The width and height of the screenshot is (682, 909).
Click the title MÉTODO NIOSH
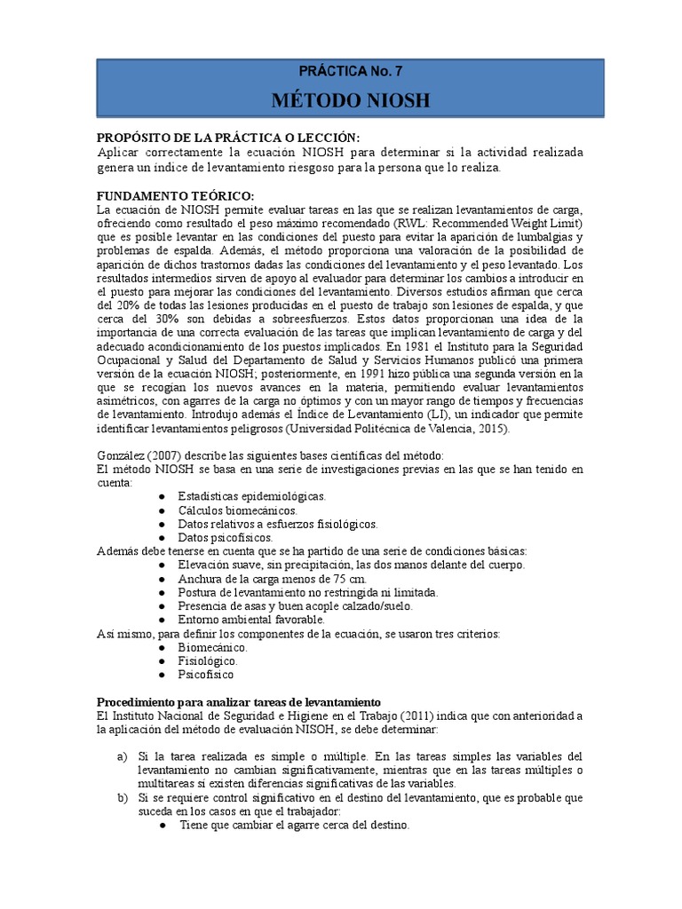(350, 101)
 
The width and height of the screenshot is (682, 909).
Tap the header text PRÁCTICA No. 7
(350, 70)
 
